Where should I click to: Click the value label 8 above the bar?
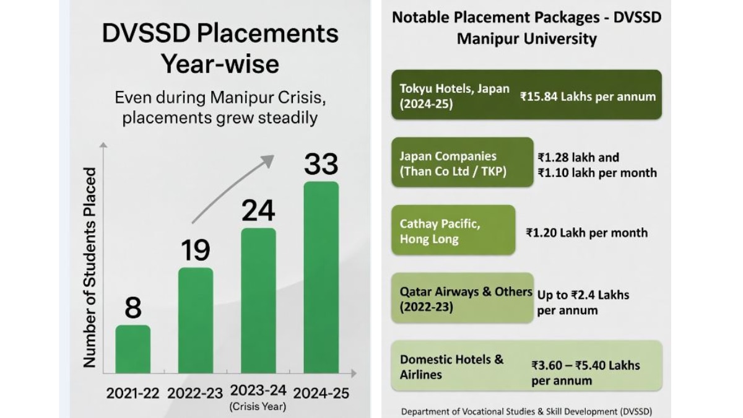[x=133, y=308]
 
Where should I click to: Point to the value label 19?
[x=196, y=250]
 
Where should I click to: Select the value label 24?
[x=258, y=211]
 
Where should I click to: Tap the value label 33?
[x=321, y=164]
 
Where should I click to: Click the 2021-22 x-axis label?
[x=133, y=393]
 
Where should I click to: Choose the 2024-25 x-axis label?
[x=321, y=393]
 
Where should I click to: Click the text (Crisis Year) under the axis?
[x=258, y=407]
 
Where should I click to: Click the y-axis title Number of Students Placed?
[x=90, y=266]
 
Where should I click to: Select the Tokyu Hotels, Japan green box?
[x=526, y=94]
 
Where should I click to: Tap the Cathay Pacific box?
[x=453, y=230]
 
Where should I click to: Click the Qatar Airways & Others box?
[x=462, y=297]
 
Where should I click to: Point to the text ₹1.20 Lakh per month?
[x=586, y=233]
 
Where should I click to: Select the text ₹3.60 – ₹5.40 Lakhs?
[x=585, y=365]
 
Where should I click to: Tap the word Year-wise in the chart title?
[x=220, y=64]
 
